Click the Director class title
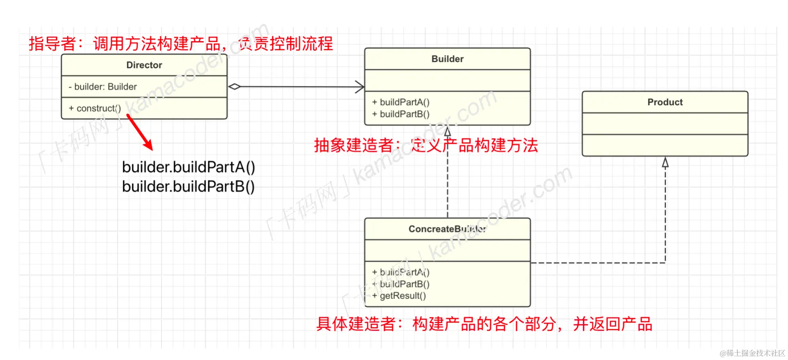(144, 65)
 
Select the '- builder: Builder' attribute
(102, 87)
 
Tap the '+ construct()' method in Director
(94, 108)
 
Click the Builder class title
(447, 59)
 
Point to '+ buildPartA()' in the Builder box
(401, 102)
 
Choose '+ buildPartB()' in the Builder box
(401, 114)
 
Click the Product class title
(665, 102)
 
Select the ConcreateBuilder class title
(447, 229)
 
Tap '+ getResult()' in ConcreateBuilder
(399, 295)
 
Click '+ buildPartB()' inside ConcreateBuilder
(401, 284)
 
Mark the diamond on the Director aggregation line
(234, 87)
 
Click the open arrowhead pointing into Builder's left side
(359, 87)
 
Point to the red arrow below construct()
(140, 132)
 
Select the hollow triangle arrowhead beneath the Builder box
(447, 132)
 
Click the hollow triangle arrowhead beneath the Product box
(665, 162)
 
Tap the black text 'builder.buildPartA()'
(189, 167)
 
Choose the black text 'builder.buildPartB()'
(189, 187)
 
